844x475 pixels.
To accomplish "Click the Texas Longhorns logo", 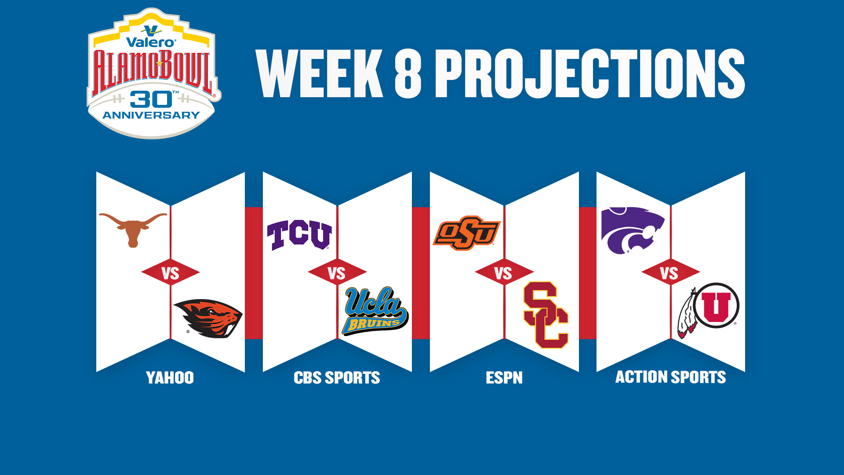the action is [x=132, y=228].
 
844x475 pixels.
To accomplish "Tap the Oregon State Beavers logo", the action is [x=208, y=318].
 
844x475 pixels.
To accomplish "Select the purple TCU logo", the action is [x=299, y=235].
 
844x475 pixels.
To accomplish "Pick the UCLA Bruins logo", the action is [x=375, y=311].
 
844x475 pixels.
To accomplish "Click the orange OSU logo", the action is [x=466, y=233].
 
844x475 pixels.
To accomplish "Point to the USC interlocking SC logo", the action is [x=546, y=315].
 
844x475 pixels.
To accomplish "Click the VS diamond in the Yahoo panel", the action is [x=171, y=272].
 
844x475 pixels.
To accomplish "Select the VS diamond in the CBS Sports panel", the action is [x=337, y=272].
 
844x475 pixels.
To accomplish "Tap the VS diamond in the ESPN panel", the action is [x=504, y=272].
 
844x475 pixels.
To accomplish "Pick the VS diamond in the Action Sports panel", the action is [x=670, y=272].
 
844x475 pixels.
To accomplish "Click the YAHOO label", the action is [x=170, y=378].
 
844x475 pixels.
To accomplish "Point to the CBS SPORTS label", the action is [x=337, y=378].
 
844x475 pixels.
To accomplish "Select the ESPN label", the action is [x=504, y=378].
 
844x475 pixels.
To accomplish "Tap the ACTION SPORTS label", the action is [x=670, y=377].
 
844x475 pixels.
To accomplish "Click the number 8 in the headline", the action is [x=408, y=73].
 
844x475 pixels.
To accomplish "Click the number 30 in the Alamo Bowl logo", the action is [x=151, y=100].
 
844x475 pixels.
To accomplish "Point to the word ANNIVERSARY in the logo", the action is [x=151, y=115].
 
